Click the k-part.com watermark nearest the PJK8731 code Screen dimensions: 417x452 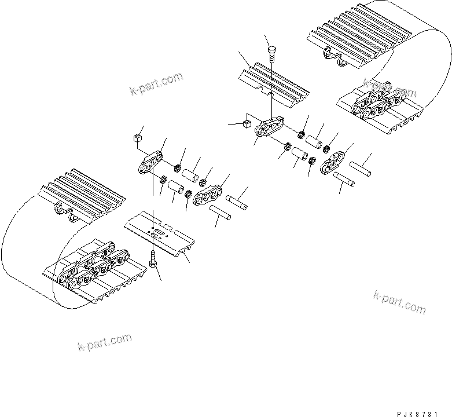399,301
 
